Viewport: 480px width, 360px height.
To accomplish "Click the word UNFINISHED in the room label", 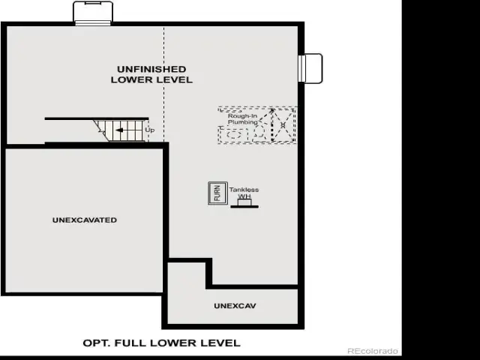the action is (x=151, y=69).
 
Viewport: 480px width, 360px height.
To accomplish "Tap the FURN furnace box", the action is (x=217, y=193).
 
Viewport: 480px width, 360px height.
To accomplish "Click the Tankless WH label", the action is (x=244, y=193).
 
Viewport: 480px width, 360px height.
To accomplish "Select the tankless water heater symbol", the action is (x=244, y=203).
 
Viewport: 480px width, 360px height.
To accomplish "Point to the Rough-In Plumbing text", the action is (x=243, y=119).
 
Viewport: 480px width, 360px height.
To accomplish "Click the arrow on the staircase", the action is (x=119, y=130).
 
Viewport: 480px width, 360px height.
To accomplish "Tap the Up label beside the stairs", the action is (x=150, y=130).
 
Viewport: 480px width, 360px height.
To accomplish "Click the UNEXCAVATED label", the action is (x=85, y=220).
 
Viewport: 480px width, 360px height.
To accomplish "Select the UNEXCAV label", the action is (x=235, y=306).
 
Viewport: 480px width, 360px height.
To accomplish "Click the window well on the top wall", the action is (x=93, y=13).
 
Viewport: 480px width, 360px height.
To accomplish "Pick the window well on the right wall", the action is (x=310, y=68).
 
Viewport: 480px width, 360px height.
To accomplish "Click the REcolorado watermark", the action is (x=373, y=351).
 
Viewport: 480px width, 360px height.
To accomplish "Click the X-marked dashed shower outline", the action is (x=283, y=125).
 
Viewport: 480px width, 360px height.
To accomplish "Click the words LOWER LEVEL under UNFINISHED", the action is (x=151, y=80).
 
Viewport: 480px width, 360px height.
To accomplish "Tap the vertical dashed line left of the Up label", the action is (x=163, y=84).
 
